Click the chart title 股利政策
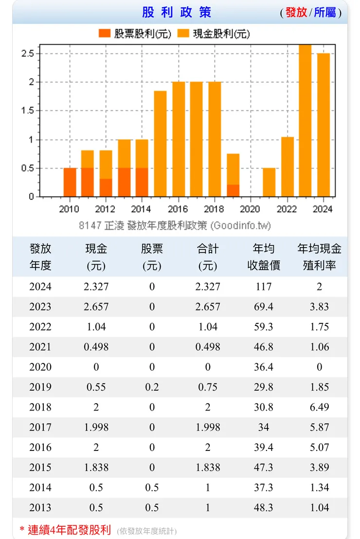point(177,12)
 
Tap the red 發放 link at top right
point(296,13)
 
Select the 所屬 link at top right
point(325,13)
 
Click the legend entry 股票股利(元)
point(135,34)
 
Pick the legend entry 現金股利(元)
point(214,34)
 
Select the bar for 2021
point(269,182)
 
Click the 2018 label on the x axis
point(214,209)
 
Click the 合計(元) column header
point(208,257)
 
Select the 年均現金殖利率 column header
point(319,257)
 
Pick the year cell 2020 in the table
point(40,367)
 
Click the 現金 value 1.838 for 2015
point(96,467)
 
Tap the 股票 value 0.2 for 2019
point(152,387)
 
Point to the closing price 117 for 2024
point(264,287)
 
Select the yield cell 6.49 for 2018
point(319,407)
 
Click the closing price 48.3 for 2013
point(264,507)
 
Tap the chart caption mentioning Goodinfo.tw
point(175,225)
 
